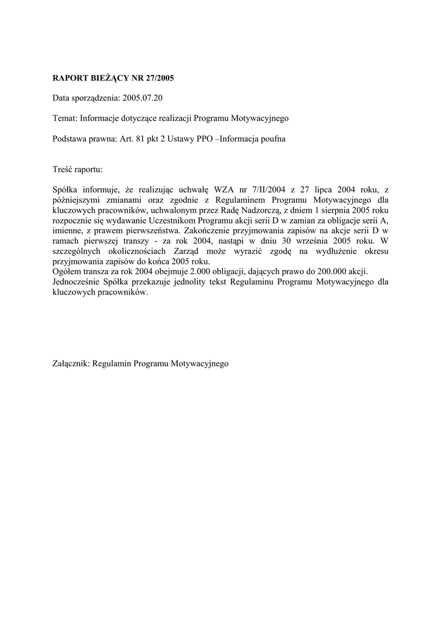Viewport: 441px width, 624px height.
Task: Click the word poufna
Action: [x=273, y=139]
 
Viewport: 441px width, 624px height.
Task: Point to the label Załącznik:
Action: [x=71, y=363]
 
